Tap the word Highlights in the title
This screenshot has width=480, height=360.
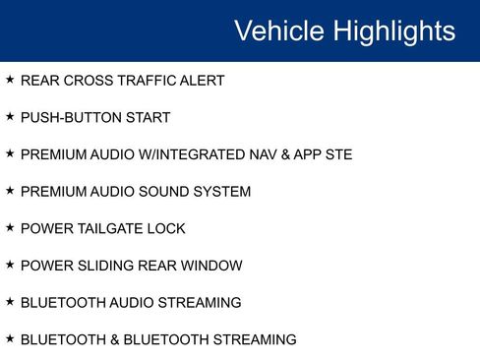click(x=393, y=30)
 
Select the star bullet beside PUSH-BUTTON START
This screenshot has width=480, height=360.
click(x=10, y=117)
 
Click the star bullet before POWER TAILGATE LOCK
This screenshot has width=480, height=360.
click(x=10, y=228)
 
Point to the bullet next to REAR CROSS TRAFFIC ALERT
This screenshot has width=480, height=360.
click(x=10, y=80)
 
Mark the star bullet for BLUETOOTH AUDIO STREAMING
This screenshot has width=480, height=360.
click(x=10, y=302)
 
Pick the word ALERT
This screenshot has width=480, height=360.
click(x=202, y=81)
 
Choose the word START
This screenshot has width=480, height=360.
click(x=147, y=118)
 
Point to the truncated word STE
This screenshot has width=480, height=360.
click(x=337, y=154)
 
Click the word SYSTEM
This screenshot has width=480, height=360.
click(x=224, y=192)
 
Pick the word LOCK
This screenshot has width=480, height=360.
click(x=166, y=229)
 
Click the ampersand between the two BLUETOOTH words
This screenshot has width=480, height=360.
click(x=114, y=339)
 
